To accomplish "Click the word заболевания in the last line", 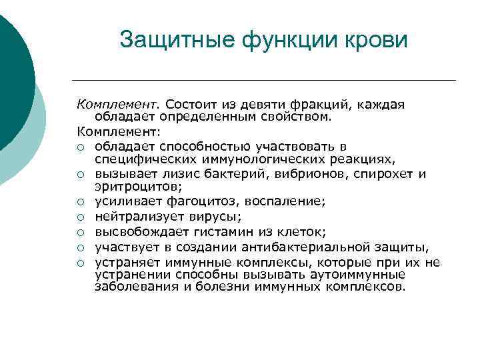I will pos(133,287).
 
